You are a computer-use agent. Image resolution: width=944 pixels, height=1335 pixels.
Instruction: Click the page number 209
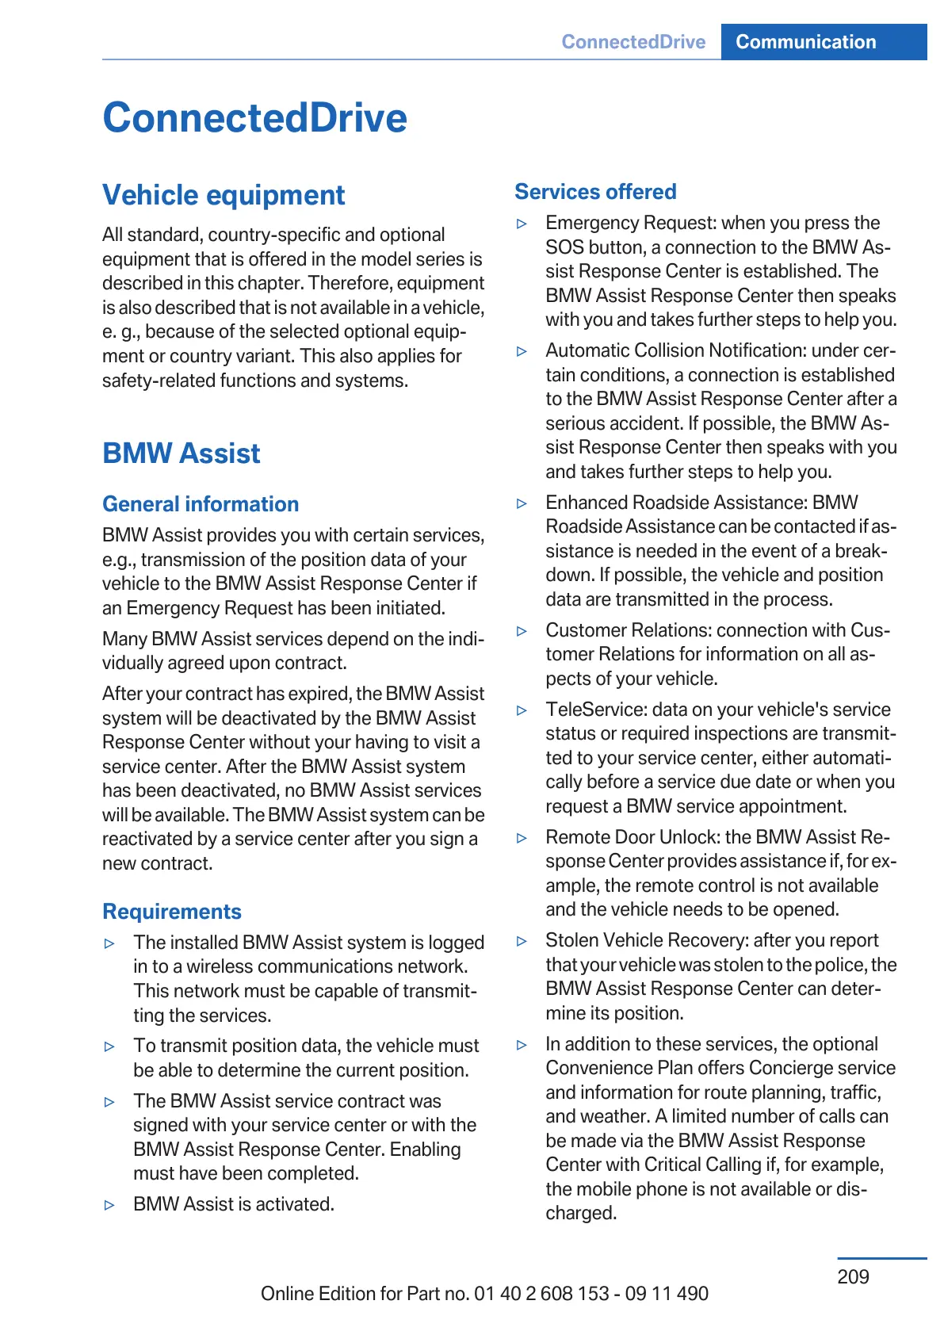click(853, 1276)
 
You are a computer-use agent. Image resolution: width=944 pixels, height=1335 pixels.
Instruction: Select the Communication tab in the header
click(805, 42)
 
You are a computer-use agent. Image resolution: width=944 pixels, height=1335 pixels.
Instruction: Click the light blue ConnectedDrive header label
click(633, 42)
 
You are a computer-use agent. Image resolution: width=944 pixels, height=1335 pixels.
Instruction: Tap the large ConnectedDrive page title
click(254, 118)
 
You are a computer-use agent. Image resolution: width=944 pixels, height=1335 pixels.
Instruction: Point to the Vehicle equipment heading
click(224, 195)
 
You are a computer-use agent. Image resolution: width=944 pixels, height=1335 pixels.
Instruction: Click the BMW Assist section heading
click(182, 453)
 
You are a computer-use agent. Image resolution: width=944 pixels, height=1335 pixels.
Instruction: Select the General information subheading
click(201, 504)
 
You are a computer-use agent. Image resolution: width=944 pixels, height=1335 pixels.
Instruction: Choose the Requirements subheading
click(172, 912)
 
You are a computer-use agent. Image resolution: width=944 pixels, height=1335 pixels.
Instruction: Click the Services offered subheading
click(595, 192)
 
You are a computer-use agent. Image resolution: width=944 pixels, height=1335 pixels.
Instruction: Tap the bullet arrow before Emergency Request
click(522, 224)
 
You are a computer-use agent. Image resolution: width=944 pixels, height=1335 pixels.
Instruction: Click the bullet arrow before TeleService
click(522, 710)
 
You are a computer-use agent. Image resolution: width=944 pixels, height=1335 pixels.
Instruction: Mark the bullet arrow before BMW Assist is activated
click(109, 1205)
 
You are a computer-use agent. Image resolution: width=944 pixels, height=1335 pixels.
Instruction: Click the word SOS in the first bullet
click(562, 247)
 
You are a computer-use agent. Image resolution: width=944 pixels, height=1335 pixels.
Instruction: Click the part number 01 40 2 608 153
click(541, 1294)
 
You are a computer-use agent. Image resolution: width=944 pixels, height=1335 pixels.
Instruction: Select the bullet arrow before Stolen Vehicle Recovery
click(522, 941)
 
